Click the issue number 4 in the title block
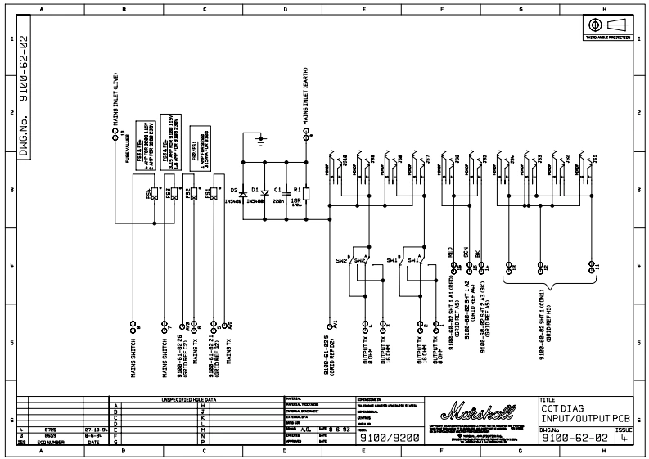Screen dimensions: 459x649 point(624,439)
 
